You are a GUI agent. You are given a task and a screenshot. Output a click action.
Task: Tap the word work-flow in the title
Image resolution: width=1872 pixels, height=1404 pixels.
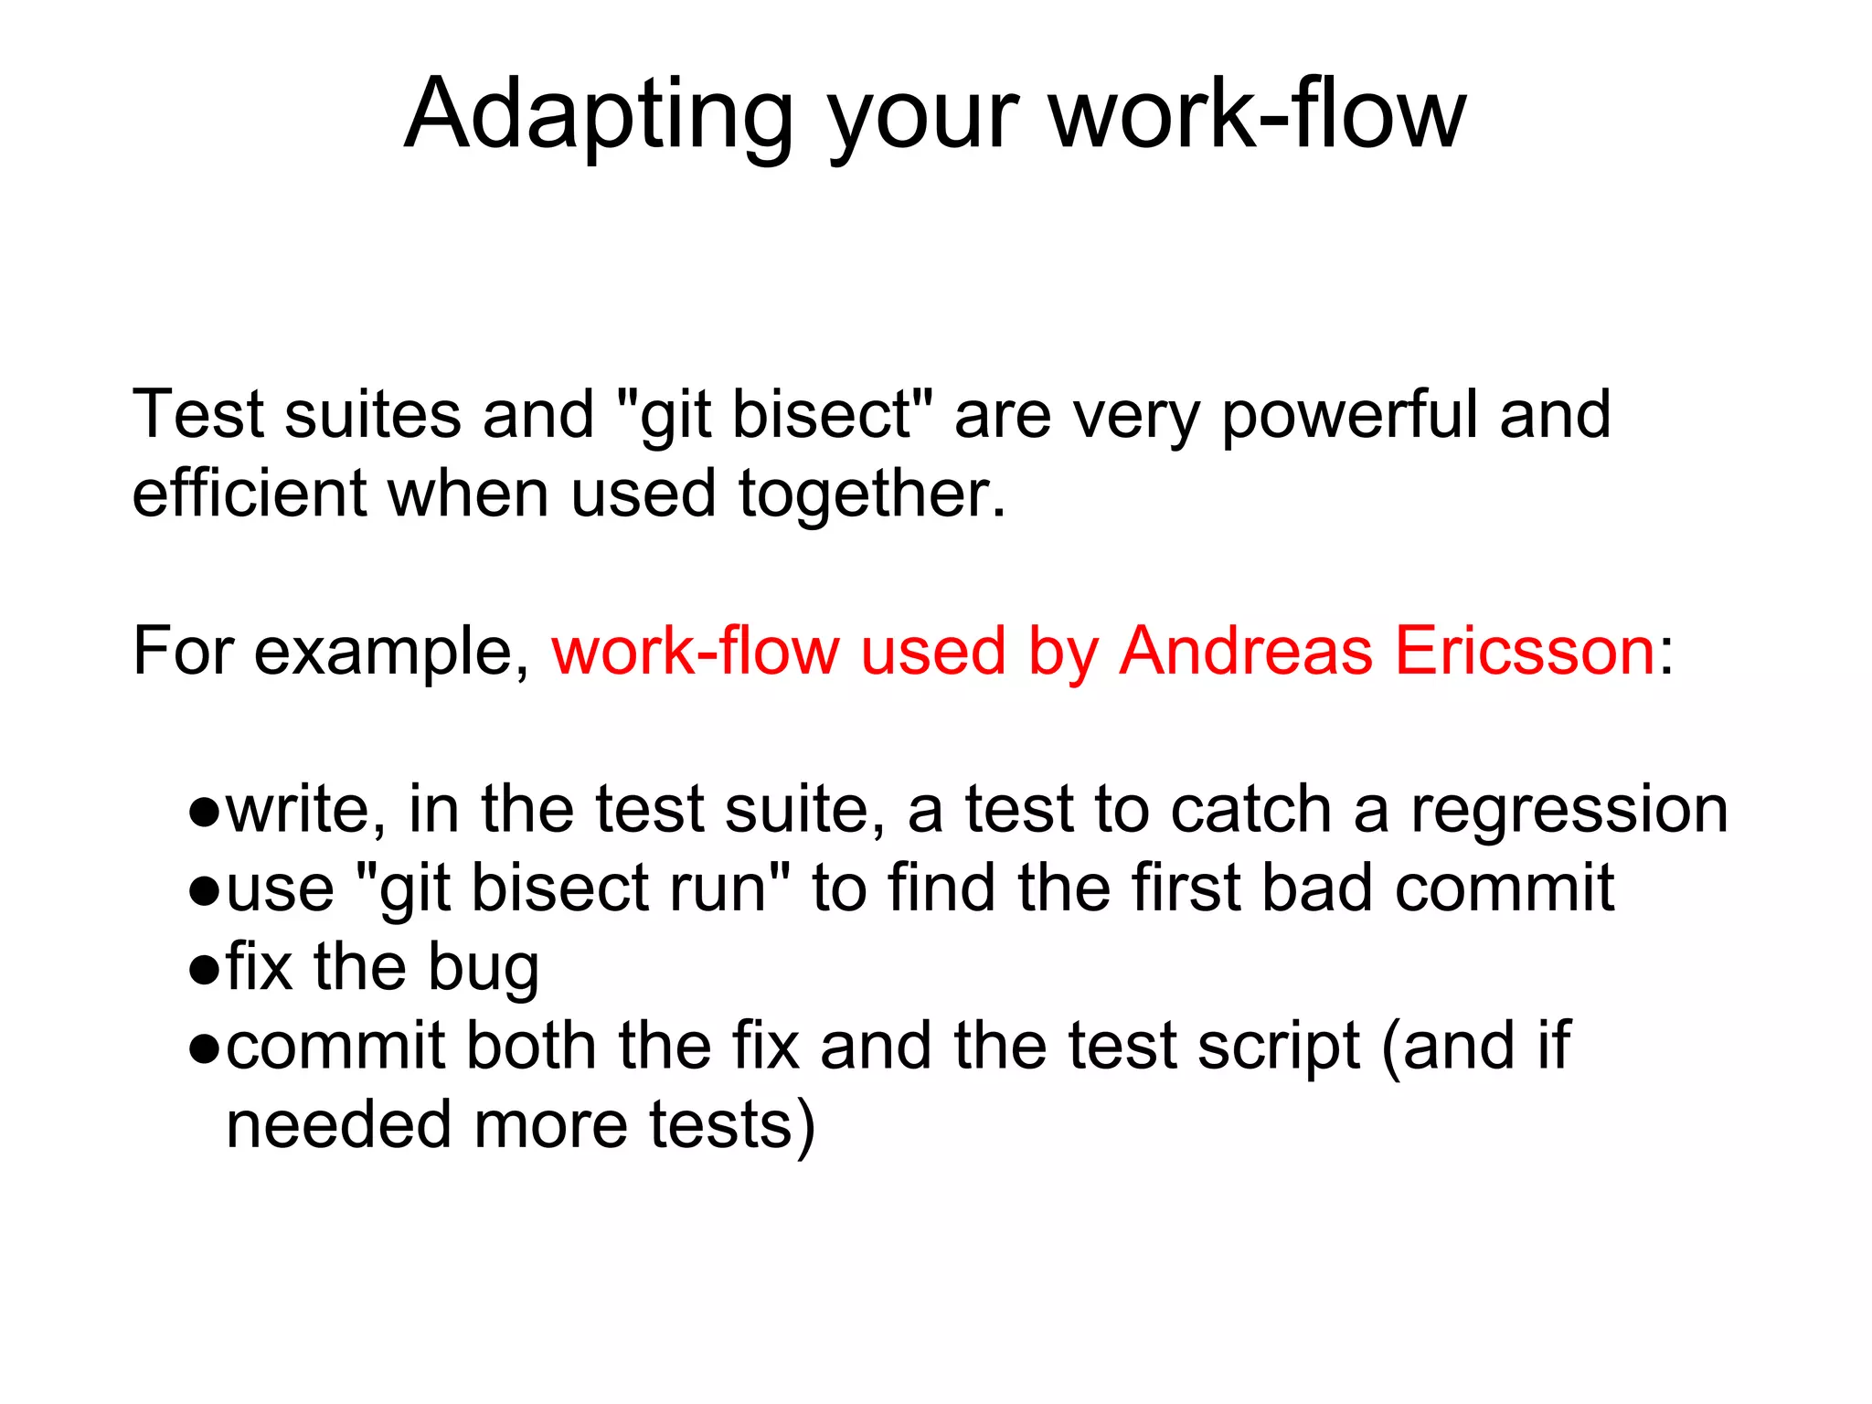(x=1257, y=114)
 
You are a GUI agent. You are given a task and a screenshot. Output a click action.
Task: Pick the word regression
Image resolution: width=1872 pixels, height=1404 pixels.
(x=1569, y=811)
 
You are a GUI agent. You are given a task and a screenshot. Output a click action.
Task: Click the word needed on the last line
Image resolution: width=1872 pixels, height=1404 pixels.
(x=338, y=1125)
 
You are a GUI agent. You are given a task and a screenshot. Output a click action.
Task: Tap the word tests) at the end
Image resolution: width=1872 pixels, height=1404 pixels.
(x=731, y=1125)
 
